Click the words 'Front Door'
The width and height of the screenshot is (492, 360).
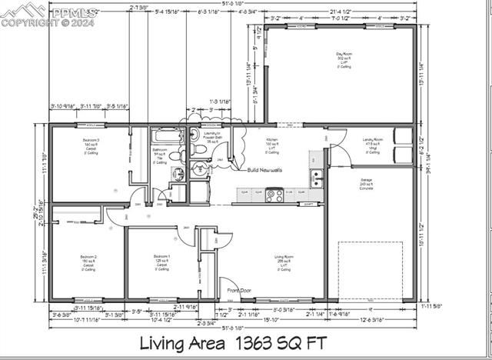tap(239, 290)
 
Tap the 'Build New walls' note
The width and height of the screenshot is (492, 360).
tap(265, 169)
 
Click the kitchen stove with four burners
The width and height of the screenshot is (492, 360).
tap(274, 195)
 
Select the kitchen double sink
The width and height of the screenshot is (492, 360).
tap(317, 179)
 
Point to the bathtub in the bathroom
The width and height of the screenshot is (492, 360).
tap(166, 135)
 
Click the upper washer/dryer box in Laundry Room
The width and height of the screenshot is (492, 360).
tap(403, 135)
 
